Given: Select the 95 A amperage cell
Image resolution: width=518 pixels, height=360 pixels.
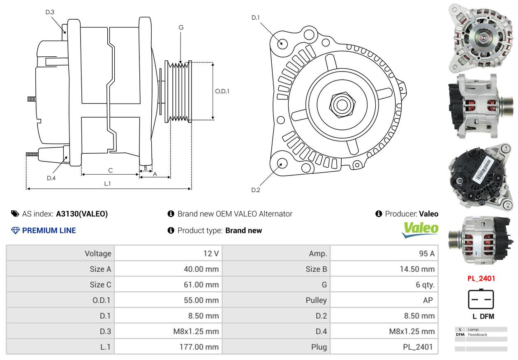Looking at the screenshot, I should point(426,254).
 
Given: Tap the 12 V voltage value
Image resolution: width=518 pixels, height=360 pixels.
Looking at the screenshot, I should point(211,254).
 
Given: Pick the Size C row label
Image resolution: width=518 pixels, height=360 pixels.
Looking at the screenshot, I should point(100,285).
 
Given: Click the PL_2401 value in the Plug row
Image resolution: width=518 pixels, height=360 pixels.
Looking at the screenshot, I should point(418,347).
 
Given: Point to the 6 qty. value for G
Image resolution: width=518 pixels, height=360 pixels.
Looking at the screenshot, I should point(425,285).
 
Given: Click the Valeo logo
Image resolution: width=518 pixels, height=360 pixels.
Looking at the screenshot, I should point(420,230).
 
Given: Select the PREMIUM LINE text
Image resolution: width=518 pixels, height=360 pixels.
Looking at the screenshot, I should point(49,231).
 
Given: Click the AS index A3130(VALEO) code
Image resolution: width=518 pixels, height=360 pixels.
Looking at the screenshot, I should point(82,214).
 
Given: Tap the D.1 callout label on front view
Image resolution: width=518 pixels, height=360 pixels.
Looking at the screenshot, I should point(256,18).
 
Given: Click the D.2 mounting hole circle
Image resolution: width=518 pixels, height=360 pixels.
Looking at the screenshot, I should point(282,163).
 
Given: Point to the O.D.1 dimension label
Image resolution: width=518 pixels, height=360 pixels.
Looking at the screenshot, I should point(222,91).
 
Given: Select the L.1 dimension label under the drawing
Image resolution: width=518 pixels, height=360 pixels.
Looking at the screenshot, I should point(107,184).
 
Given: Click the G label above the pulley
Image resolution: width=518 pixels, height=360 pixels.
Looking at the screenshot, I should point(181,28).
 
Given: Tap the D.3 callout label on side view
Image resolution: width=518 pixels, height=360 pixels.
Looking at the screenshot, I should point(50,12).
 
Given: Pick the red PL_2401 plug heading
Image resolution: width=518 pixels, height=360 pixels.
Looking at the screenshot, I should point(481,278).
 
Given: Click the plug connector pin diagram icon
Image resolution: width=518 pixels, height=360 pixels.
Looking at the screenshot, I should point(481,299).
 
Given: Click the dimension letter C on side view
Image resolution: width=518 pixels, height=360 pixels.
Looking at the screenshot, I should point(110,170).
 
